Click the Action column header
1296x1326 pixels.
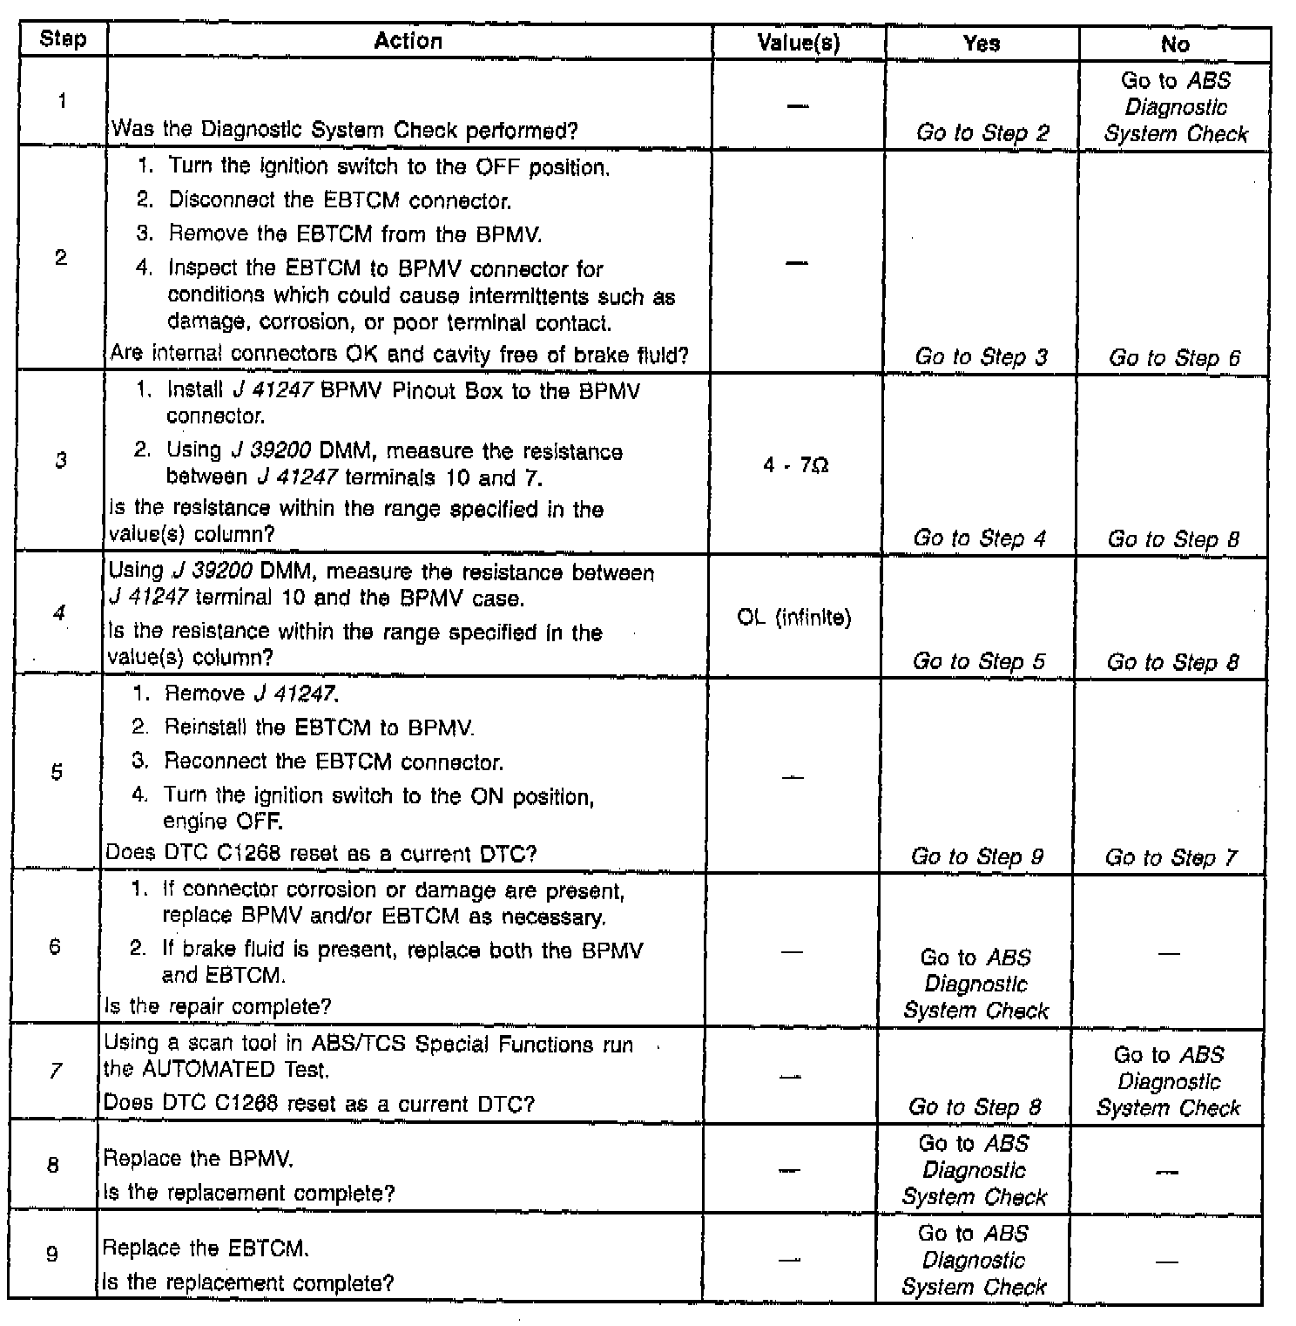pos(408,41)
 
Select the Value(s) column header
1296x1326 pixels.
pos(798,43)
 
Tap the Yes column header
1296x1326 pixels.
pos(981,44)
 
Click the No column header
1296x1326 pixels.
pos(1174,44)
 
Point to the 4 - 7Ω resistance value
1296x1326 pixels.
pos(795,466)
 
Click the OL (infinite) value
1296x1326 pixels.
pos(793,618)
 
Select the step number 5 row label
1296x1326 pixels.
pos(57,772)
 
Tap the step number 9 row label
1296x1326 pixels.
pos(52,1255)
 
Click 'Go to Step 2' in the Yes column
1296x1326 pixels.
pos(982,133)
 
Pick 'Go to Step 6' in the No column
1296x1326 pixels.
pos(1174,358)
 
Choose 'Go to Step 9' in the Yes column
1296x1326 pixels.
pos(976,856)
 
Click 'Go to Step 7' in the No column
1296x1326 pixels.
pos(1170,857)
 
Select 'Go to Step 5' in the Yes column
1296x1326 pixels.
pos(978,661)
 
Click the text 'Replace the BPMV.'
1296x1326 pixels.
pos(199,1159)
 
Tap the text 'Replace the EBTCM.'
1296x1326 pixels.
pos(206,1248)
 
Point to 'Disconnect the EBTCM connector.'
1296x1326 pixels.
pos(340,200)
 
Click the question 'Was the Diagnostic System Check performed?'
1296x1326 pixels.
pos(345,131)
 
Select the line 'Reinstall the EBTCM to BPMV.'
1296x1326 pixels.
pos(319,727)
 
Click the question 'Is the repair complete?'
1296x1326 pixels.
pos(218,1006)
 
